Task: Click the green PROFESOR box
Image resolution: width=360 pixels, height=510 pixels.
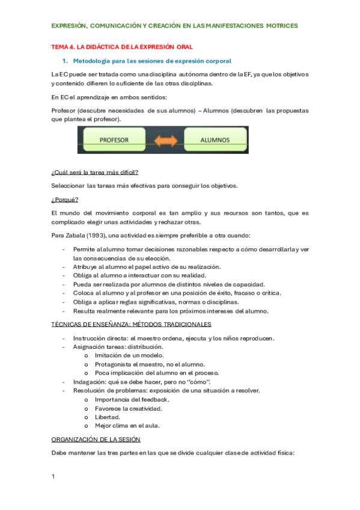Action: [x=114, y=140]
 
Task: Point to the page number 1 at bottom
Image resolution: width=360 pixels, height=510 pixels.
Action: [x=53, y=476]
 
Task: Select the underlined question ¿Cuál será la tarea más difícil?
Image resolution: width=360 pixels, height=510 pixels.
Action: [x=96, y=172]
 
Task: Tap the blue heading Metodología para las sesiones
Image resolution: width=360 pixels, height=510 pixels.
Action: [x=152, y=61]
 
